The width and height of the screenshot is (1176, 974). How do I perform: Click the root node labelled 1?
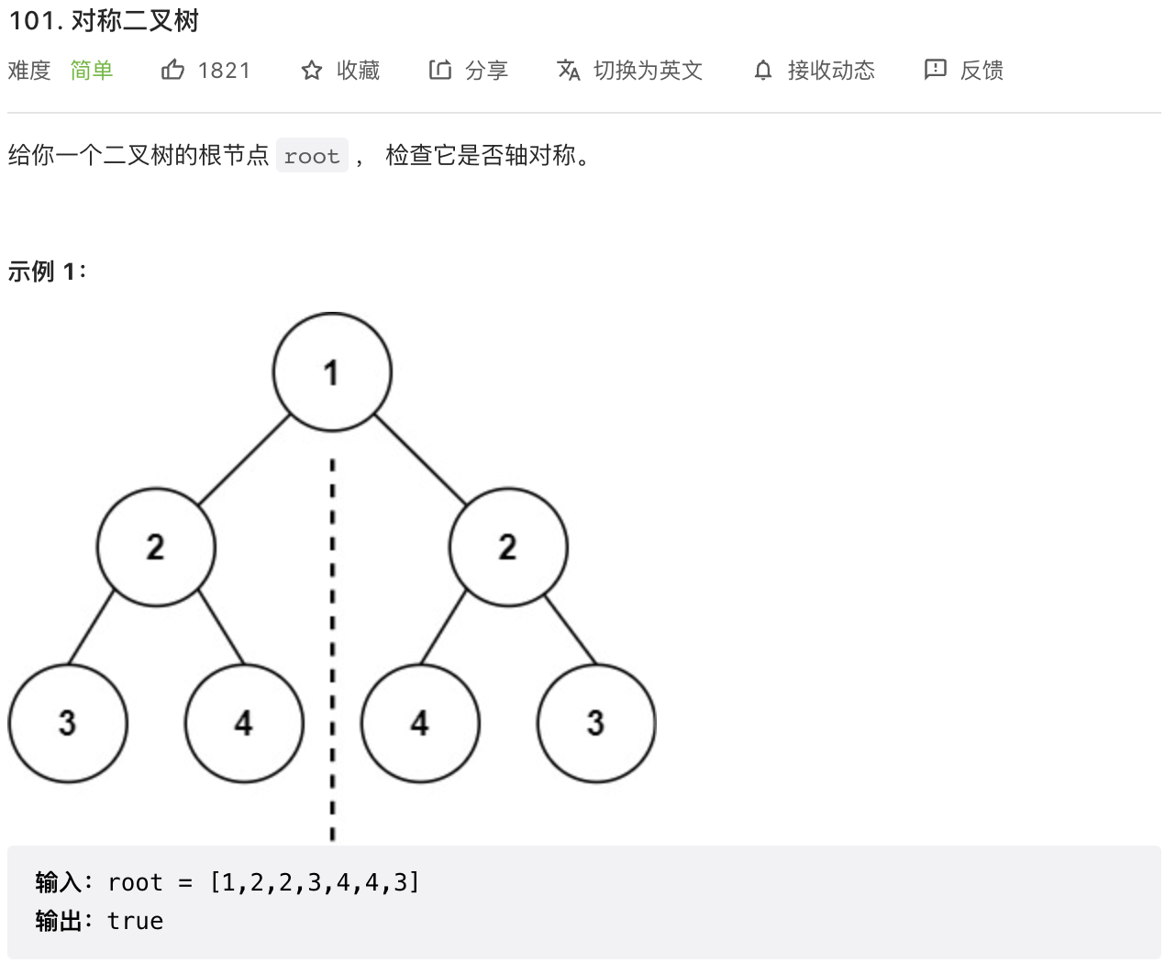point(332,372)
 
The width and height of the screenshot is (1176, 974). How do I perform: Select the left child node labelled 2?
point(156,548)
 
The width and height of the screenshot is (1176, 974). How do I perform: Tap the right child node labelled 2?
point(508,548)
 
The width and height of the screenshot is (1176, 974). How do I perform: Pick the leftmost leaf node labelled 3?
point(68,724)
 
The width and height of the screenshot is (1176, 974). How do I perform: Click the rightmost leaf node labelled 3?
point(596,724)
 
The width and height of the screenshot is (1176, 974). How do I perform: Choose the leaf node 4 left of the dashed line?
point(244,724)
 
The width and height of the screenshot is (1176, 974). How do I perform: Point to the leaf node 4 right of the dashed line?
point(420,724)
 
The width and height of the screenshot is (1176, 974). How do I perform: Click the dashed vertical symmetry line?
point(332,642)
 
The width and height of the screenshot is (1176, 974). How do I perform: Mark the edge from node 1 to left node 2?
point(244,459)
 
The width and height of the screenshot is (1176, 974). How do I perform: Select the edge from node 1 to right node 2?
point(420,459)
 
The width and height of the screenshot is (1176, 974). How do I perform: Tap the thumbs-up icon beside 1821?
point(172,70)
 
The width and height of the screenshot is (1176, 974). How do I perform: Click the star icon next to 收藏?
point(312,71)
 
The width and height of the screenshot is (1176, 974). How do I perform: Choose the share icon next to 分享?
point(440,70)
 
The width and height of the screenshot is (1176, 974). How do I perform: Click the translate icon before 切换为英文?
point(569,71)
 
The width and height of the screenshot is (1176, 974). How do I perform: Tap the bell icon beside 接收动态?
point(763,71)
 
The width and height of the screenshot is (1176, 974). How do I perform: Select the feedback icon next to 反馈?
point(935,70)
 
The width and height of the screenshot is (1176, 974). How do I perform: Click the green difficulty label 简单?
point(92,71)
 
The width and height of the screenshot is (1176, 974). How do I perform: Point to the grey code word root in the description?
point(312,157)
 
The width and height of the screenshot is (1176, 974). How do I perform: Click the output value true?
point(135,921)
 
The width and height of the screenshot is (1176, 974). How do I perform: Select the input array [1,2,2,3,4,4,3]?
point(315,882)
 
